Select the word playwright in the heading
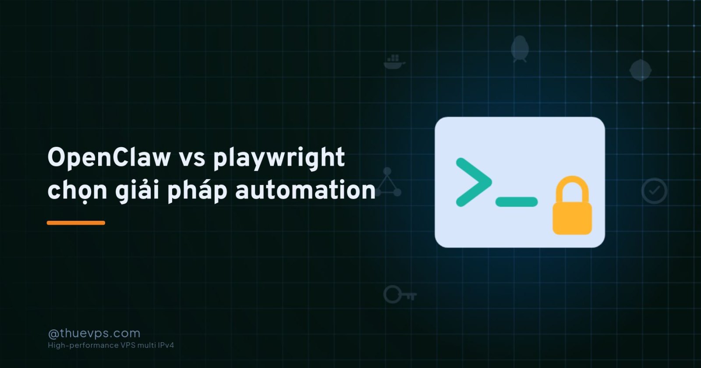click(279, 159)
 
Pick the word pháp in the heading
click(197, 191)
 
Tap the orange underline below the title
click(76, 223)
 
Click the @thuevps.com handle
click(94, 333)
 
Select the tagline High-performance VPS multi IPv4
click(111, 345)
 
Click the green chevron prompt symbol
click(474, 182)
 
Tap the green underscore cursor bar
click(517, 202)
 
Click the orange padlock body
click(572, 218)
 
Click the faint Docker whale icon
click(394, 62)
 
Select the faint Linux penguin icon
click(520, 49)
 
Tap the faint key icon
click(400, 294)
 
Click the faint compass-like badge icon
click(640, 70)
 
